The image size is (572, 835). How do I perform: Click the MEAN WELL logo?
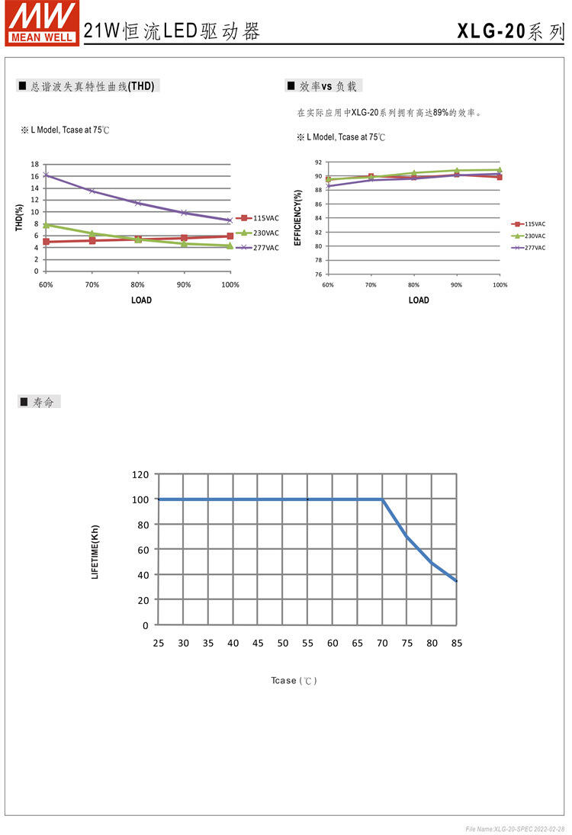click(x=42, y=23)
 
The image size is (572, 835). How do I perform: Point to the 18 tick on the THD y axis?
click(x=35, y=164)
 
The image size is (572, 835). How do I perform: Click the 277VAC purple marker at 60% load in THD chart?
click(x=46, y=175)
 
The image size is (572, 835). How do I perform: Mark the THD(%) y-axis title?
click(x=19, y=217)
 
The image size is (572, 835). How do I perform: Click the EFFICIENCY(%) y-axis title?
click(x=298, y=217)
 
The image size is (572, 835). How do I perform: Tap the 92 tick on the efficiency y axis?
click(x=318, y=162)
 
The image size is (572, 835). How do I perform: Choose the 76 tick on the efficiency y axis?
click(x=318, y=274)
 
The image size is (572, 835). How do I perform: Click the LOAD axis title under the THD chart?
click(x=141, y=300)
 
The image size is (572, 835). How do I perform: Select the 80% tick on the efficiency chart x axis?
click(x=413, y=284)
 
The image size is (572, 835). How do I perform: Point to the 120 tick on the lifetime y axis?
click(x=140, y=474)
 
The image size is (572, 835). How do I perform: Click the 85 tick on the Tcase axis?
click(x=456, y=643)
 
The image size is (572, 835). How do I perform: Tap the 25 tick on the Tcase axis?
click(x=158, y=643)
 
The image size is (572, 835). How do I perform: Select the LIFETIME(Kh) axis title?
click(x=95, y=551)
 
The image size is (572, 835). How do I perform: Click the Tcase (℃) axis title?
click(x=294, y=680)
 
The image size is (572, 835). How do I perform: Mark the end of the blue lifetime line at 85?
click(x=456, y=581)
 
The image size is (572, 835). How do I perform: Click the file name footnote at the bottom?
click(x=515, y=829)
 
